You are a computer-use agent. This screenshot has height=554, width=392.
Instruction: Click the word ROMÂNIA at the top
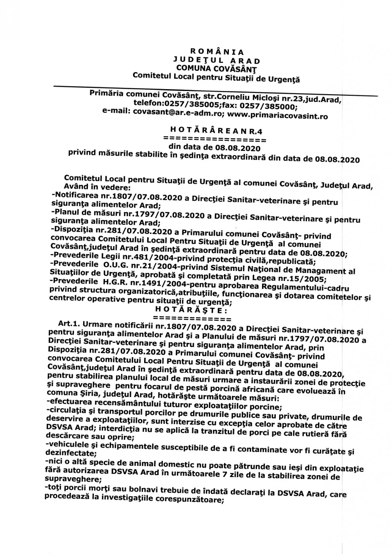click(x=217, y=51)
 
